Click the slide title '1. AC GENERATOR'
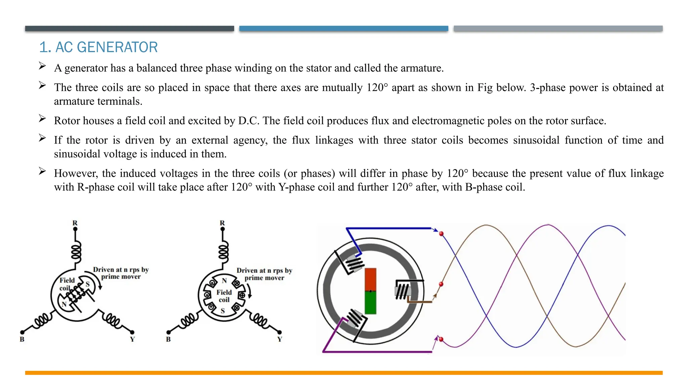click(x=98, y=47)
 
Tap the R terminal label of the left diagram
click(x=75, y=223)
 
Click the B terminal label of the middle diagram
click(x=168, y=339)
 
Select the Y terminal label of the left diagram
click(x=132, y=339)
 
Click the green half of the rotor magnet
click(x=370, y=302)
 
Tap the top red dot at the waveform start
click(x=441, y=233)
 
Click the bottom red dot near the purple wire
click(x=441, y=339)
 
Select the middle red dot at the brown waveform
click(x=441, y=284)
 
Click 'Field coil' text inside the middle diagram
click(x=224, y=296)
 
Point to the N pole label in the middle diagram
click(x=224, y=281)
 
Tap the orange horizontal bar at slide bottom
click(x=344, y=373)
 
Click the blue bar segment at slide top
click(x=344, y=29)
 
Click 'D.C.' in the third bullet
click(x=249, y=121)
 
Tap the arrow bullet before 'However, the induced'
click(x=42, y=171)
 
